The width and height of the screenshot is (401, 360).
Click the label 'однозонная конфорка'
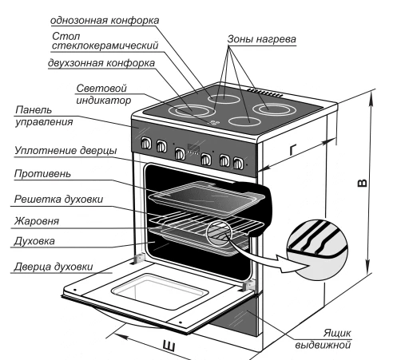[105, 21]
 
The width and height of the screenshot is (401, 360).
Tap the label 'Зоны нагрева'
[261, 39]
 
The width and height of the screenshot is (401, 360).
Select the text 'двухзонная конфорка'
[101, 63]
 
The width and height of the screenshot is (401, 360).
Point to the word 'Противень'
[42, 174]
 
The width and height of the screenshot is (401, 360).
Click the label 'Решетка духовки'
[58, 200]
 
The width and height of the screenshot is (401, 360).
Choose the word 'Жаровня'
[37, 221]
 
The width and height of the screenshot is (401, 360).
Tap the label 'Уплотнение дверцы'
[66, 151]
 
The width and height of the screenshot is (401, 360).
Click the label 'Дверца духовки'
[54, 267]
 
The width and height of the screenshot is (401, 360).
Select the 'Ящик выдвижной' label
[324, 339]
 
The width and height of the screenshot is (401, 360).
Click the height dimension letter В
[362, 183]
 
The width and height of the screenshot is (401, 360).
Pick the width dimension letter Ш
[169, 346]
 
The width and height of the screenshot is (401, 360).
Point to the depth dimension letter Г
[293, 149]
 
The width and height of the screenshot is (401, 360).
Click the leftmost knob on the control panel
[146, 144]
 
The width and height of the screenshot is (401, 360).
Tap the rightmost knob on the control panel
[238, 164]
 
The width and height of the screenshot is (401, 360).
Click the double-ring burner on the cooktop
[192, 110]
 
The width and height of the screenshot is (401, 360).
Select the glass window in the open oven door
[160, 291]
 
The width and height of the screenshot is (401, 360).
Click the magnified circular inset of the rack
[317, 250]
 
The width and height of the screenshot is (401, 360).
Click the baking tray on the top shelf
[207, 198]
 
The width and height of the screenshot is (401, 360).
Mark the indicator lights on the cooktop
[214, 122]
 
